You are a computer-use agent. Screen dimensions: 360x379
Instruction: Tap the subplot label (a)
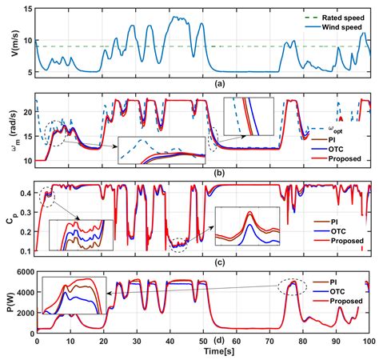pyautogui.click(x=203, y=83)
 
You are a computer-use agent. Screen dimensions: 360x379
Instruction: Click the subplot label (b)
pyautogui.click(x=203, y=170)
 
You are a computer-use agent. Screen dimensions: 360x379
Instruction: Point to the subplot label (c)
pyautogui.click(x=203, y=262)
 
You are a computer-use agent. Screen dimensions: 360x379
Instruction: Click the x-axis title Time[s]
pyautogui.click(x=203, y=351)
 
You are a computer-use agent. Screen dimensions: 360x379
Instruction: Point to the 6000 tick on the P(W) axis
pyautogui.click(x=23, y=273)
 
